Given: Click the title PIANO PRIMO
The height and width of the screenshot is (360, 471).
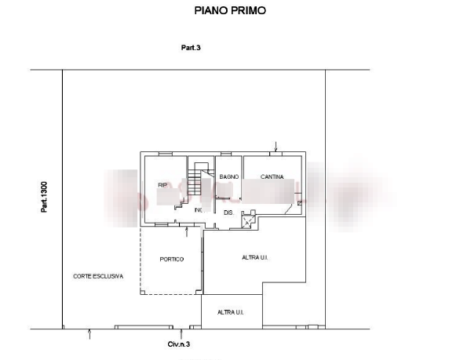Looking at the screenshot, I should click(230, 11).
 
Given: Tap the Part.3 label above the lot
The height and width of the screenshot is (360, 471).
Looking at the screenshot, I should click(191, 49).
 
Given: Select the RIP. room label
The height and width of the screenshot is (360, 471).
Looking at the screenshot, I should click(163, 185).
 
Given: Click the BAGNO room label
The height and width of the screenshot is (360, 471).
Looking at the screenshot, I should click(228, 177).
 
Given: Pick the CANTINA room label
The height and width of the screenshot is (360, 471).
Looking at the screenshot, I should click(272, 177).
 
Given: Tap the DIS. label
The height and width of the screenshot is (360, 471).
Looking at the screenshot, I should click(228, 212).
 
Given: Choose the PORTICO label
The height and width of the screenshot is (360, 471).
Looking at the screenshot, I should click(171, 260).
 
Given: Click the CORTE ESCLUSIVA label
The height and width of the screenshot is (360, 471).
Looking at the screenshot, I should click(98, 277).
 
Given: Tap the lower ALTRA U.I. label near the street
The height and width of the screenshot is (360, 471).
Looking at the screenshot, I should click(232, 311).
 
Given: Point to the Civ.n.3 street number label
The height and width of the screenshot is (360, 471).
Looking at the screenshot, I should click(180, 344).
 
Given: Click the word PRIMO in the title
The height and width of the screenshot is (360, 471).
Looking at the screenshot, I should click(250, 11).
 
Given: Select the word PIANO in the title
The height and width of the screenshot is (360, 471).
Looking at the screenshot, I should click(210, 11).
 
